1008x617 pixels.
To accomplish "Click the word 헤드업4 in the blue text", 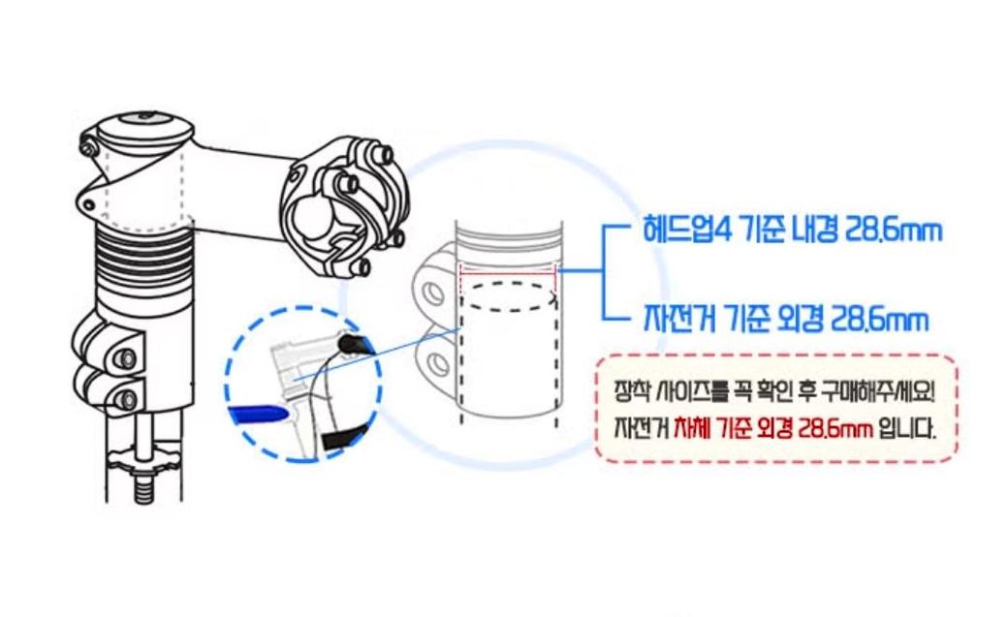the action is click(687, 230).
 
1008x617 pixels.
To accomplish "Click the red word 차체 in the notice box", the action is click(692, 428).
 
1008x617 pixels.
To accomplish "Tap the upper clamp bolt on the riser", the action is click(128, 358).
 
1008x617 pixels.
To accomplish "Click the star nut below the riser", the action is click(144, 459).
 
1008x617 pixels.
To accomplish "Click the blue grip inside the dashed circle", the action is click(257, 416).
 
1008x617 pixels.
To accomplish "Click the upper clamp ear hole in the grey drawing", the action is click(433, 294).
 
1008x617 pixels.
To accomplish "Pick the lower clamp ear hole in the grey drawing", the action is click(437, 364).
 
